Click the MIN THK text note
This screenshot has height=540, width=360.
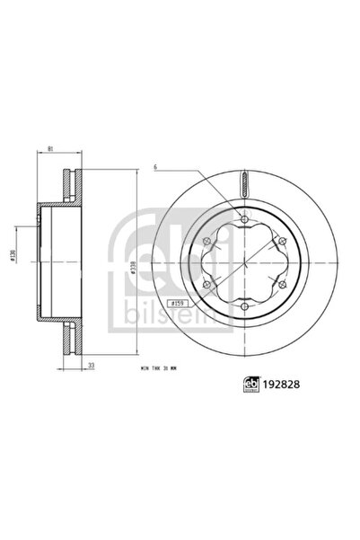(x=152, y=368)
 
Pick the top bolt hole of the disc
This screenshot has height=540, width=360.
(x=245, y=219)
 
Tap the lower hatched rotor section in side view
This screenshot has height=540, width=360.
(x=66, y=337)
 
